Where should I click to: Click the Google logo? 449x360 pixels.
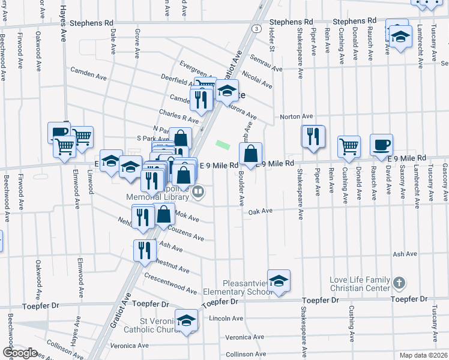[20, 353]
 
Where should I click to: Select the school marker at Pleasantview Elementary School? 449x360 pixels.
[279, 281]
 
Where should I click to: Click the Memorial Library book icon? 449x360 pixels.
[197, 192]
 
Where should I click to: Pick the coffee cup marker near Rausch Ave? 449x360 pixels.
[381, 145]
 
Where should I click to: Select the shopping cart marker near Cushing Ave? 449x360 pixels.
[349, 146]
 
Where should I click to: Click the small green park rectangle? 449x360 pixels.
[223, 145]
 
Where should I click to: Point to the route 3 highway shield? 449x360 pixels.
[256, 28]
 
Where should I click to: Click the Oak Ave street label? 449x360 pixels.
[261, 211]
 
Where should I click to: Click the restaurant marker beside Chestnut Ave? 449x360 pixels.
[143, 250]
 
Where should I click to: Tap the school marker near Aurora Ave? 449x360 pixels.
[227, 91]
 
